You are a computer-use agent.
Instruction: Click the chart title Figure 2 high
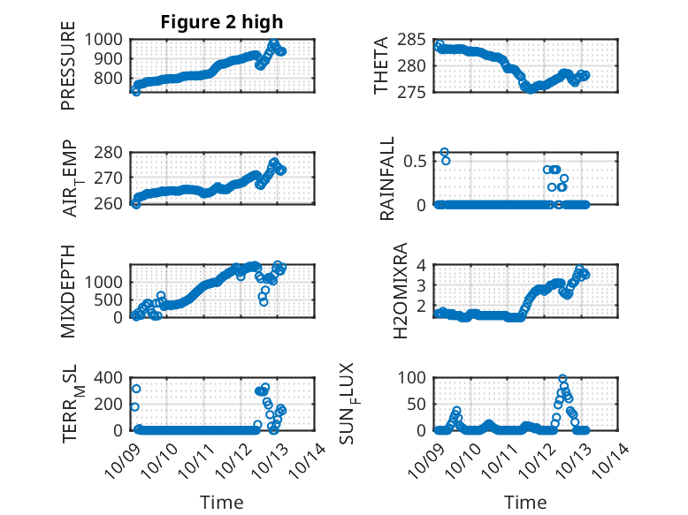(x=221, y=22)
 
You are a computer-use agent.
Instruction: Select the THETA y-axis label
(x=381, y=65)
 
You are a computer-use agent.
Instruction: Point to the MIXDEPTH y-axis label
(x=68, y=291)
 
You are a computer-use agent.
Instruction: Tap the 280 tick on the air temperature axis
(x=114, y=152)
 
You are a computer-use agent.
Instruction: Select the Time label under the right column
(x=525, y=503)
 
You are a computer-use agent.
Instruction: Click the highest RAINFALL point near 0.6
(x=444, y=153)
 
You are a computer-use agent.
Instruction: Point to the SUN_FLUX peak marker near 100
(x=562, y=379)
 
